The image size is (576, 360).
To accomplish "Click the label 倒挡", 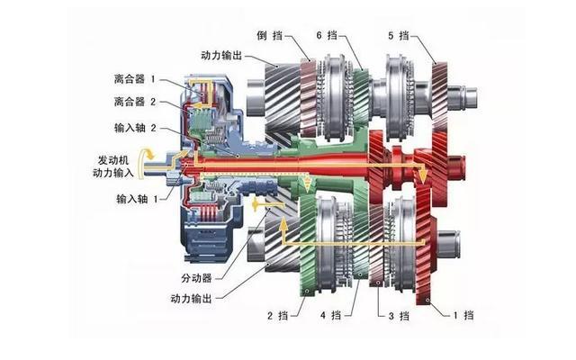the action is [x=270, y=35].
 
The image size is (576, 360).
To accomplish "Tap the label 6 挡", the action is [x=327, y=35].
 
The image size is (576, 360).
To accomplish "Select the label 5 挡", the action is [x=399, y=36].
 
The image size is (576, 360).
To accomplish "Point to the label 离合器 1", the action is [x=135, y=79].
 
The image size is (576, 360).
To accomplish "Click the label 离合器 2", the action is [x=135, y=102].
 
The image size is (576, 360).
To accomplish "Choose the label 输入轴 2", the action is [x=135, y=128].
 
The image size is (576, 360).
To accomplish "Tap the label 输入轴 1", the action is [x=137, y=199].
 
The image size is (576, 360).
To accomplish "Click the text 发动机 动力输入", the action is [x=113, y=166].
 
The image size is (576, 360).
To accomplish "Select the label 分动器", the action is [x=196, y=278].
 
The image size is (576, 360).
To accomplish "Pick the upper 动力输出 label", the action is [x=221, y=56].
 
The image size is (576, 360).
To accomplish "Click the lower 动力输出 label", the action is [x=192, y=298].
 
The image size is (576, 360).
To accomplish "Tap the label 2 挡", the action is [x=278, y=315].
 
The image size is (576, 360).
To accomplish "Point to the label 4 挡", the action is [x=330, y=315].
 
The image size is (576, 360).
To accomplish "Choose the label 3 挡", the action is [x=399, y=316].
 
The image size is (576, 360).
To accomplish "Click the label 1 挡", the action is [x=463, y=315].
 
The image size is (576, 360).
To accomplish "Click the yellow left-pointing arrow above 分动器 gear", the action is [x=268, y=203].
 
